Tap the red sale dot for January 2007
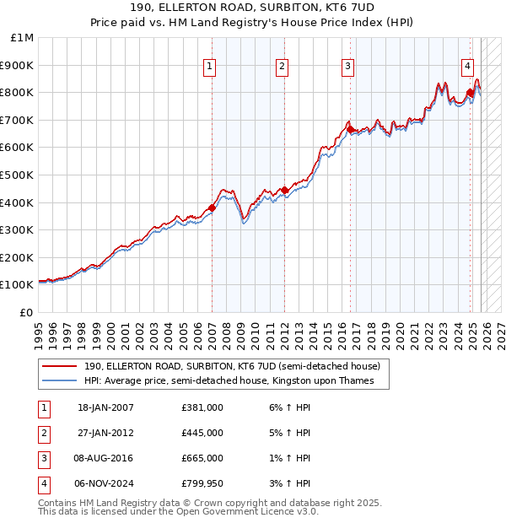point(212,207)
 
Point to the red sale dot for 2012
point(285,190)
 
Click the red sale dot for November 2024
point(470,92)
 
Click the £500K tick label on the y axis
point(17,175)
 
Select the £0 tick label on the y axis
point(27,312)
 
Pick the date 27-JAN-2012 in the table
point(105,433)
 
